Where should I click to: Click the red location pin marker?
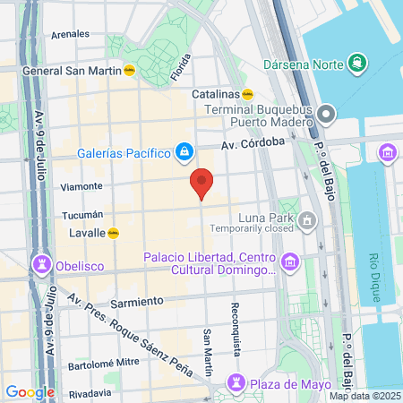click(x=202, y=183)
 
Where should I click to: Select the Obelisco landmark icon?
click(x=40, y=264)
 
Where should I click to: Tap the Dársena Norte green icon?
click(x=357, y=62)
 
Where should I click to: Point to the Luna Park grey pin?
click(x=308, y=219)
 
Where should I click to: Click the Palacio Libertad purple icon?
click(x=289, y=262)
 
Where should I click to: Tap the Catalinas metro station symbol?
click(x=248, y=92)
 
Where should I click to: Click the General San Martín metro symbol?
click(x=129, y=71)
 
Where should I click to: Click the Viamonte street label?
click(x=85, y=186)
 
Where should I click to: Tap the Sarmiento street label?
click(x=139, y=300)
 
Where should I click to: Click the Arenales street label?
click(x=71, y=34)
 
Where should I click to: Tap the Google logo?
click(x=30, y=391)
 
